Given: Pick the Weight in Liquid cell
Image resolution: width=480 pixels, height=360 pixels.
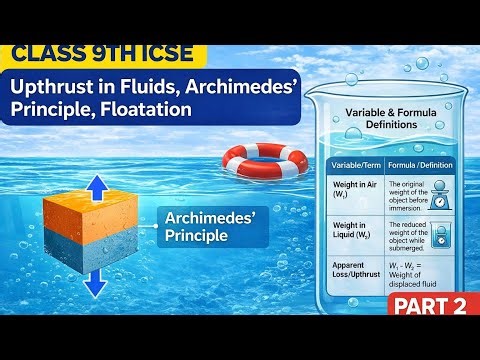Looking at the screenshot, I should (353, 240).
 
